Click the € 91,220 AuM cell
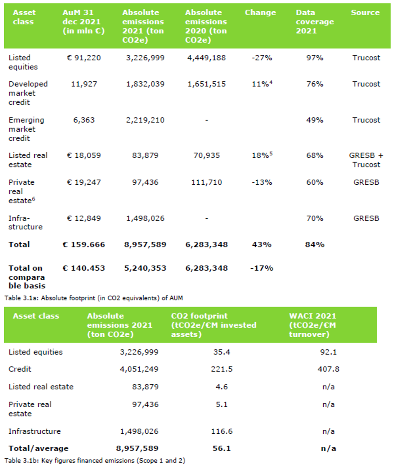84,58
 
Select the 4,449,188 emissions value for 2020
206,58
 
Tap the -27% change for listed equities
262,58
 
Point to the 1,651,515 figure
206,84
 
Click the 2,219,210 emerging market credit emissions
145,120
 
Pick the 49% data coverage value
314,120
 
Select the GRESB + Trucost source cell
366,160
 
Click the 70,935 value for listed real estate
206,155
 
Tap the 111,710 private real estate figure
206,182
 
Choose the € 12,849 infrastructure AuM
84,218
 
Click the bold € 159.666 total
84,244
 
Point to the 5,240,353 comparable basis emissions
145,268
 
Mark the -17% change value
262,268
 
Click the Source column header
365,13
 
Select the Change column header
260,13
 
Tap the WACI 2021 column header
313,325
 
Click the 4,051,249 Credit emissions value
139,369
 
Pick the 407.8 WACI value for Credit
328,369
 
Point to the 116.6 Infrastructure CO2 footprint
222,431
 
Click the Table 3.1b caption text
95,460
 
